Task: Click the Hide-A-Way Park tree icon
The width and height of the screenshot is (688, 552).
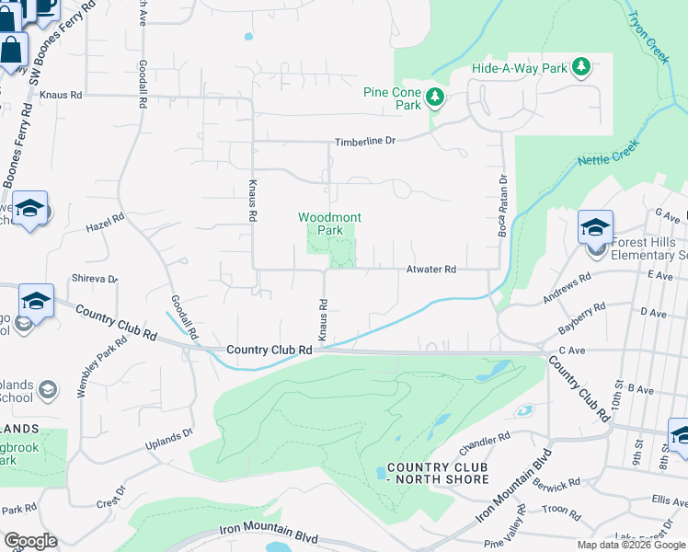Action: tap(580, 67)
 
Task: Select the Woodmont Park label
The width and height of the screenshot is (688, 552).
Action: tap(329, 224)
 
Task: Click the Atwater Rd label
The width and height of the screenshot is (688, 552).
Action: tap(431, 270)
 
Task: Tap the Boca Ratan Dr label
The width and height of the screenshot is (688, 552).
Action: tap(503, 207)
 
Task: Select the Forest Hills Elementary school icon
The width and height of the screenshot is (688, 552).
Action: tap(595, 226)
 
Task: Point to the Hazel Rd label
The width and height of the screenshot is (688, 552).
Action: tap(104, 224)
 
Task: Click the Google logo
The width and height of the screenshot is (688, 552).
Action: tap(29, 541)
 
